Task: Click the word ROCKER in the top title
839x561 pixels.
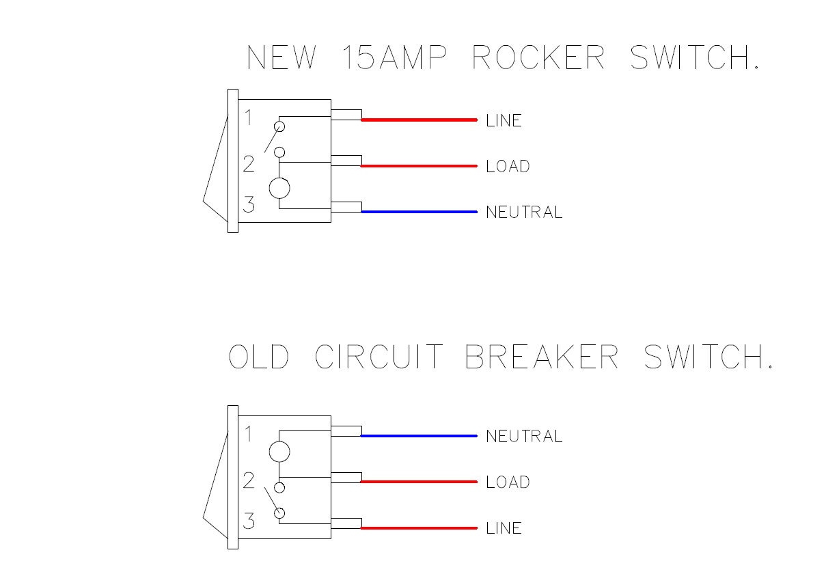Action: point(538,57)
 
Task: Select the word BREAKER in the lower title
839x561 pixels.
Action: point(542,357)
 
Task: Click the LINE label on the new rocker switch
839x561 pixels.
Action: point(504,121)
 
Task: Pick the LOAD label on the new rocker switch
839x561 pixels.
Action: point(508,167)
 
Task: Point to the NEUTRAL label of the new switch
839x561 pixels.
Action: point(524,213)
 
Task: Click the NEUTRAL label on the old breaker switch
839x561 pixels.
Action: point(524,437)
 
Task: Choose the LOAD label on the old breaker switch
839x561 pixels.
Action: point(508,482)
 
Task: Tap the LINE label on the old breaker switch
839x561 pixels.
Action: point(504,528)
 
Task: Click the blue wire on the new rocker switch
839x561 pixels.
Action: point(419,212)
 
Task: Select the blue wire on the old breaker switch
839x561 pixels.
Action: point(419,436)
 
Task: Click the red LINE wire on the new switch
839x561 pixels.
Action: point(419,120)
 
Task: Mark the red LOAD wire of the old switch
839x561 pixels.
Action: point(419,482)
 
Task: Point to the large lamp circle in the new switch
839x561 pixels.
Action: point(279,188)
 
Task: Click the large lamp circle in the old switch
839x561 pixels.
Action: point(279,452)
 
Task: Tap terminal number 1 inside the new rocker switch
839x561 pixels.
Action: point(249,118)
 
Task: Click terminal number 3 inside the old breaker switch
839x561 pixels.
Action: point(249,521)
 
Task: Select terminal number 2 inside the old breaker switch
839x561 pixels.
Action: point(249,480)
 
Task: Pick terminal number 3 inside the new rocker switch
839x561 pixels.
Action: point(249,204)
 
